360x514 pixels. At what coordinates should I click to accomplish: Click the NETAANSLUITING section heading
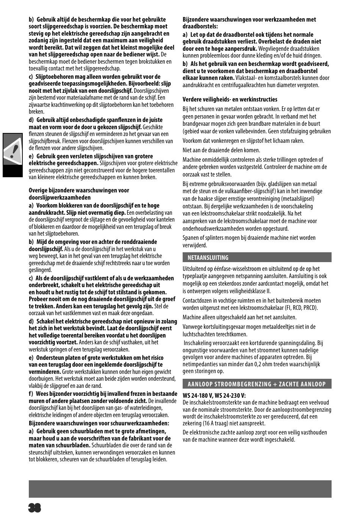point(208,258)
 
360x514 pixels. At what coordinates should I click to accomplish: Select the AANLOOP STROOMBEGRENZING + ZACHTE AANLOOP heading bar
point(257,384)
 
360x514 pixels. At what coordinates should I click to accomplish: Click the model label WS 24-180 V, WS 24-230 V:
point(214,395)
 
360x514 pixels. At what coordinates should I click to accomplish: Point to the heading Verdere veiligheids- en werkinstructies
point(230,100)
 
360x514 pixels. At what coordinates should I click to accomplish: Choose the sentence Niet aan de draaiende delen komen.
point(221,150)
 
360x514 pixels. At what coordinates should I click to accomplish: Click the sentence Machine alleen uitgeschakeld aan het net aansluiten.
point(239,317)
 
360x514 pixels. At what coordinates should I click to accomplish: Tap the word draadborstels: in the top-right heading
point(200,27)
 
